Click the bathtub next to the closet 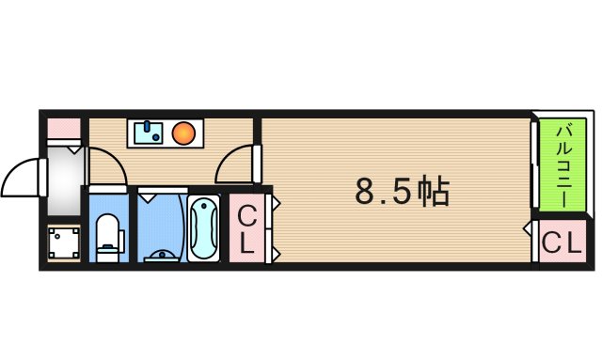pos(203,229)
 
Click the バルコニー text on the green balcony pos(560,162)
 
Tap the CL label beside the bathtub pos(246,230)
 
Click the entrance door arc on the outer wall pos(21,179)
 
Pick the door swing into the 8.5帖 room pos(235,165)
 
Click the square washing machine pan pos(64,244)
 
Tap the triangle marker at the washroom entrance pos(151,197)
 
